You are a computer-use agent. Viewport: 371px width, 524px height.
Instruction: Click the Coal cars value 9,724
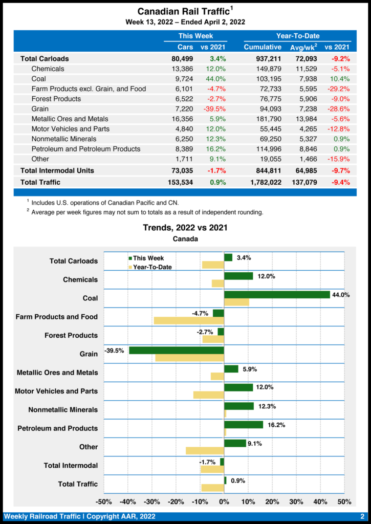click(183, 79)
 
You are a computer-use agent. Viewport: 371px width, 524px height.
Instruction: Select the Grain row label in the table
click(40, 108)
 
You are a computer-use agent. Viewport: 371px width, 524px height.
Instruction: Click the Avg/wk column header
click(304, 47)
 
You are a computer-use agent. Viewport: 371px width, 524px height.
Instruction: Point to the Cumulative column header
click(263, 47)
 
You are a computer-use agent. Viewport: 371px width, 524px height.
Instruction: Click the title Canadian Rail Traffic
click(182, 11)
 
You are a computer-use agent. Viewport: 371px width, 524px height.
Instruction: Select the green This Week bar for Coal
click(277, 294)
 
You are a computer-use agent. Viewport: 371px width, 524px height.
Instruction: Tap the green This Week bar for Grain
click(177, 350)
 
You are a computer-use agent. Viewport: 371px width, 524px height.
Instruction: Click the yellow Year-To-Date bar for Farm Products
click(189, 320)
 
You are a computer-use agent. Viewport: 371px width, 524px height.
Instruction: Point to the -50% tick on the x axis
click(104, 501)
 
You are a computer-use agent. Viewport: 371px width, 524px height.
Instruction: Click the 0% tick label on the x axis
click(224, 501)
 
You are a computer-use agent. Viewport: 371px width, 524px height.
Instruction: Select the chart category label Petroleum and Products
click(57, 428)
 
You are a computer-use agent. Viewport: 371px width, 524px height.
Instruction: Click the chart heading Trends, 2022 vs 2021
click(185, 228)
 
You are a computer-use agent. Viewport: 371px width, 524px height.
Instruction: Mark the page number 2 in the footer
click(362, 516)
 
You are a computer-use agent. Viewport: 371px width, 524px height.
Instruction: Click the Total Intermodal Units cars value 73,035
click(182, 170)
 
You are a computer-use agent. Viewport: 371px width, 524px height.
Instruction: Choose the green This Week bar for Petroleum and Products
click(244, 425)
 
